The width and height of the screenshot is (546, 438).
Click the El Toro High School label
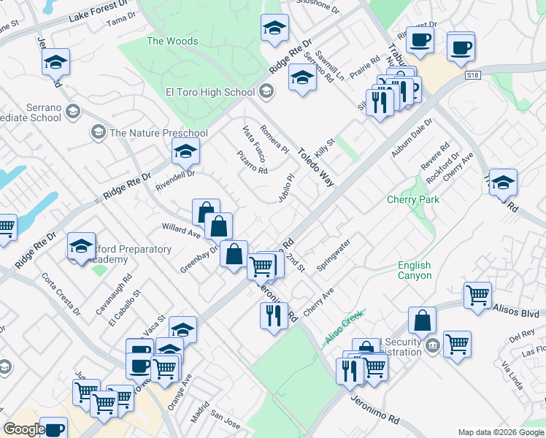point(209,92)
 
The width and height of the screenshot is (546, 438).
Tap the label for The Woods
point(172,41)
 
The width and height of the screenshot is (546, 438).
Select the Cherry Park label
point(412,200)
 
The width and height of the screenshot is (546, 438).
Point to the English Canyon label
point(414,270)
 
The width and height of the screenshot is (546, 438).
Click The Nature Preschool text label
point(158,133)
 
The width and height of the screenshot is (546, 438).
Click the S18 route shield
point(474,75)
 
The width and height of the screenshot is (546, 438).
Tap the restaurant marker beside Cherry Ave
point(272,315)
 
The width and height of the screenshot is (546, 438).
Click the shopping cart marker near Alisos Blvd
point(477,296)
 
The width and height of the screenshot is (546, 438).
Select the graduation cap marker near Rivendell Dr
point(185,152)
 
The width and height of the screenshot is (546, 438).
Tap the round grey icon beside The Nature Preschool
point(98,133)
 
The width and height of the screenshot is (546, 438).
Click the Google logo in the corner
point(23,429)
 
